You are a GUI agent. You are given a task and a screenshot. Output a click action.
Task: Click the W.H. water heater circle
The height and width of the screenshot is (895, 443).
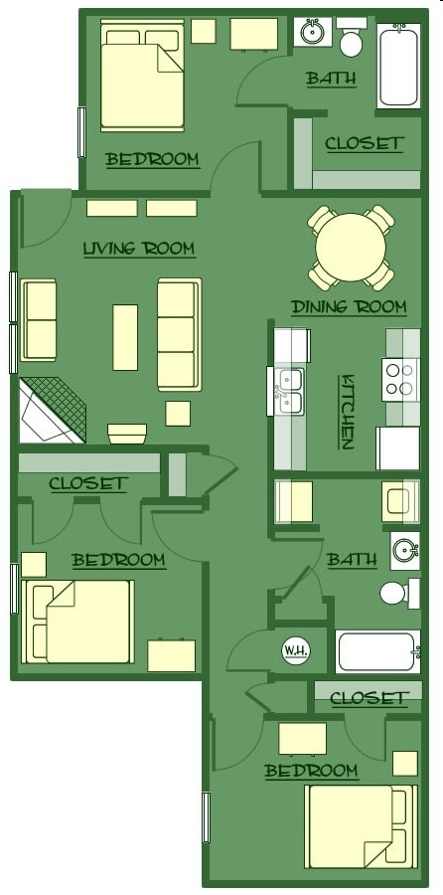(295, 650)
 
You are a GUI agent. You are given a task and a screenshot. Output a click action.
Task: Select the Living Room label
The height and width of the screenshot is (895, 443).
(138, 248)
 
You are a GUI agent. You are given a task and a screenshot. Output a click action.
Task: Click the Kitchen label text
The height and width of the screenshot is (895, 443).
(348, 412)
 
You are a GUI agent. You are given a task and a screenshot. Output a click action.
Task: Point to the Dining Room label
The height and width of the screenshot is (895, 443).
(349, 306)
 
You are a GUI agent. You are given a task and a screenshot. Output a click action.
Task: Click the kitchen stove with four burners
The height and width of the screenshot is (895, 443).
(399, 378)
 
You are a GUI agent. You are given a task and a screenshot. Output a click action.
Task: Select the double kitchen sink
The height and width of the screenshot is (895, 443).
(291, 391)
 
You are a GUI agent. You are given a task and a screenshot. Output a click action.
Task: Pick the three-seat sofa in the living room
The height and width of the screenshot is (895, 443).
(179, 334)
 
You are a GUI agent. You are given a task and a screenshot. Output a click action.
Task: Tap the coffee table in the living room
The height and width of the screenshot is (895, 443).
(125, 336)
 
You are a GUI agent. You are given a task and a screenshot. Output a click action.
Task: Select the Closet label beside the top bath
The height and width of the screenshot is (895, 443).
(365, 143)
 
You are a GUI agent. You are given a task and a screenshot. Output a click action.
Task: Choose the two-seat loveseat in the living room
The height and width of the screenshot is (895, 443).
(40, 320)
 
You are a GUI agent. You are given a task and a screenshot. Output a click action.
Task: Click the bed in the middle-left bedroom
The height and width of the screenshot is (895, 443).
(81, 622)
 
